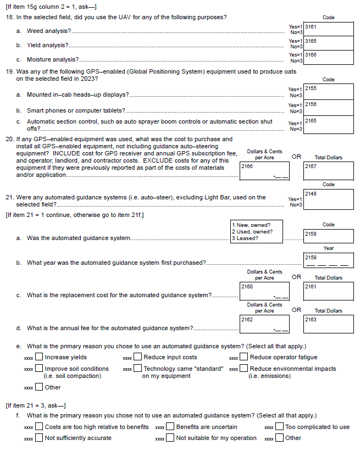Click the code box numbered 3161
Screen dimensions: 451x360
tap(329, 29)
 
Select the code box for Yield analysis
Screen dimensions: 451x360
tap(329, 43)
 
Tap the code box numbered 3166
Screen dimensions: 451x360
tap(329, 58)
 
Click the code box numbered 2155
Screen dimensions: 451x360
tap(329, 92)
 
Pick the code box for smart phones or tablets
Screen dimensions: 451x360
tap(329, 108)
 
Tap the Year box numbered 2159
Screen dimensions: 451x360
tap(329, 260)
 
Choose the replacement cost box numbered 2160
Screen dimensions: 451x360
tap(264, 291)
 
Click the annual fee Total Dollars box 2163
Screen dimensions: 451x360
tap(329, 325)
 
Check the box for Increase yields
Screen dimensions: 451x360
tap(40, 358)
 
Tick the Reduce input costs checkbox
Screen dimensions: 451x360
tap(139, 358)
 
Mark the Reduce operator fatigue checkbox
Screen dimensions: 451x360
tap(245, 358)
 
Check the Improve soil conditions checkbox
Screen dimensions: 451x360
tap(40, 369)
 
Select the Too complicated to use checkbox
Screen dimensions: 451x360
tap(280, 427)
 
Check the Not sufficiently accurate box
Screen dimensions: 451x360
tap(40, 438)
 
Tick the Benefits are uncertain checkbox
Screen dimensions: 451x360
tap(171, 427)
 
